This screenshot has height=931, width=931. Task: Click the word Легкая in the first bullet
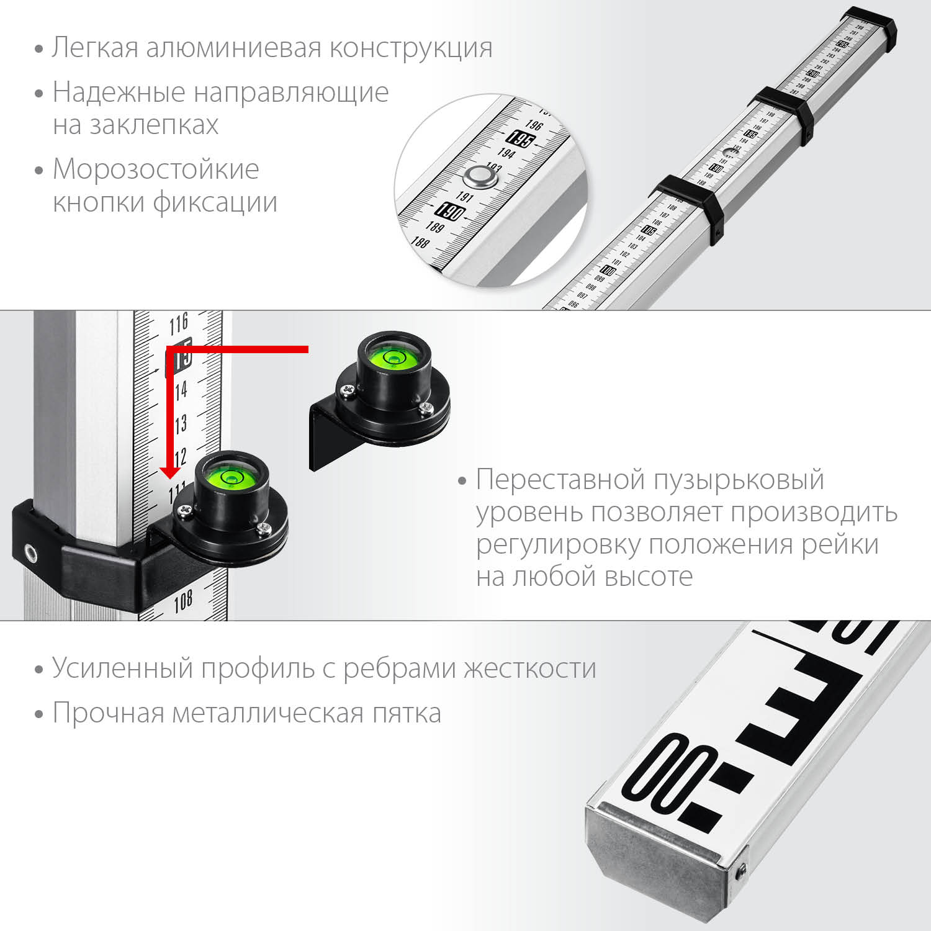pyautogui.click(x=95, y=48)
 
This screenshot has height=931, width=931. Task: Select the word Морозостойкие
pyautogui.click(x=156, y=169)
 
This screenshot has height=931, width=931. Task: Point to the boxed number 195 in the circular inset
pyautogui.click(x=519, y=139)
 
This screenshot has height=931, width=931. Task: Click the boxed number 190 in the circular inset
pyautogui.click(x=450, y=212)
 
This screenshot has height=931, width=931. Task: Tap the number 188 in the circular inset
pyautogui.click(x=420, y=241)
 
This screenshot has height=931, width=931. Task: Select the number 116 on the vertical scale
pyautogui.click(x=179, y=323)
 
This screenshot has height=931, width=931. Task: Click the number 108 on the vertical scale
pyautogui.click(x=182, y=601)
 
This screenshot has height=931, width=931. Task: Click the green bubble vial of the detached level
pyautogui.click(x=393, y=358)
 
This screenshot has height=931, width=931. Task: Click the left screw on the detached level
pyautogui.click(x=345, y=390)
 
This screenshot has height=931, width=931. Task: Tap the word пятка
pyautogui.click(x=407, y=713)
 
